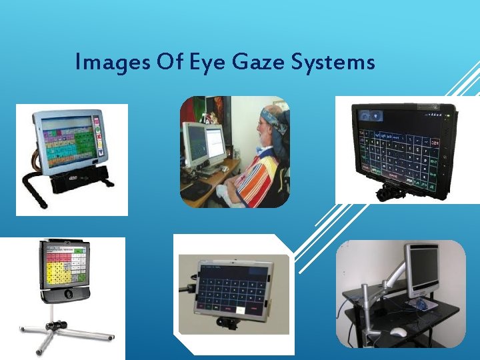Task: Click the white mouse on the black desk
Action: (x=399, y=331)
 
